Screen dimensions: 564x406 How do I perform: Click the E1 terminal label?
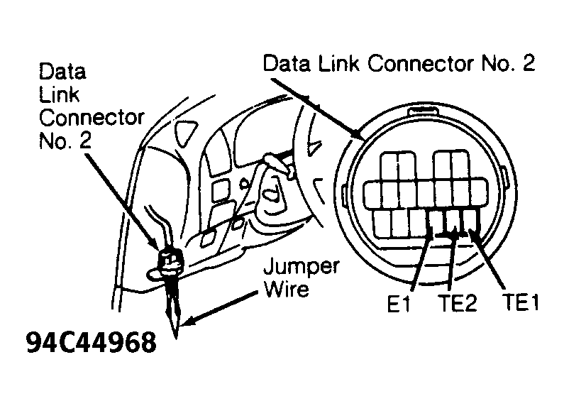399,304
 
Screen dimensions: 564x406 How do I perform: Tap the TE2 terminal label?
457,303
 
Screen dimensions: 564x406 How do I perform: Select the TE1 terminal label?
521,302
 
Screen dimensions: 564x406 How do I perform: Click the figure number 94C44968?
92,342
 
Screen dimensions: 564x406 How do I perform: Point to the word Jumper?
302,268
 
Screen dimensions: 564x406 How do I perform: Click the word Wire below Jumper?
287,288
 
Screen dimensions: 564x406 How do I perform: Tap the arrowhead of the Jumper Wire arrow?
187,320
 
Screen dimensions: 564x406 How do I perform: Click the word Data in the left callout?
62,72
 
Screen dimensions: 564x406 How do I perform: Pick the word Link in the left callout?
59,94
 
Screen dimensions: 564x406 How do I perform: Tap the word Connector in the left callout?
92,118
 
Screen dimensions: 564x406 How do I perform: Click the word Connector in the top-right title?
420,63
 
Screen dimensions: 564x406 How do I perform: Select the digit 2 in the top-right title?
529,62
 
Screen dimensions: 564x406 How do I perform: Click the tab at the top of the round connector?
423,111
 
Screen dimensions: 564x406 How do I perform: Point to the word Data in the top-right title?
287,63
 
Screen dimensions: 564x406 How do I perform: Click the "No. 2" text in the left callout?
65,141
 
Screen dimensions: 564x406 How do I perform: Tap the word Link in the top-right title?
338,63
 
